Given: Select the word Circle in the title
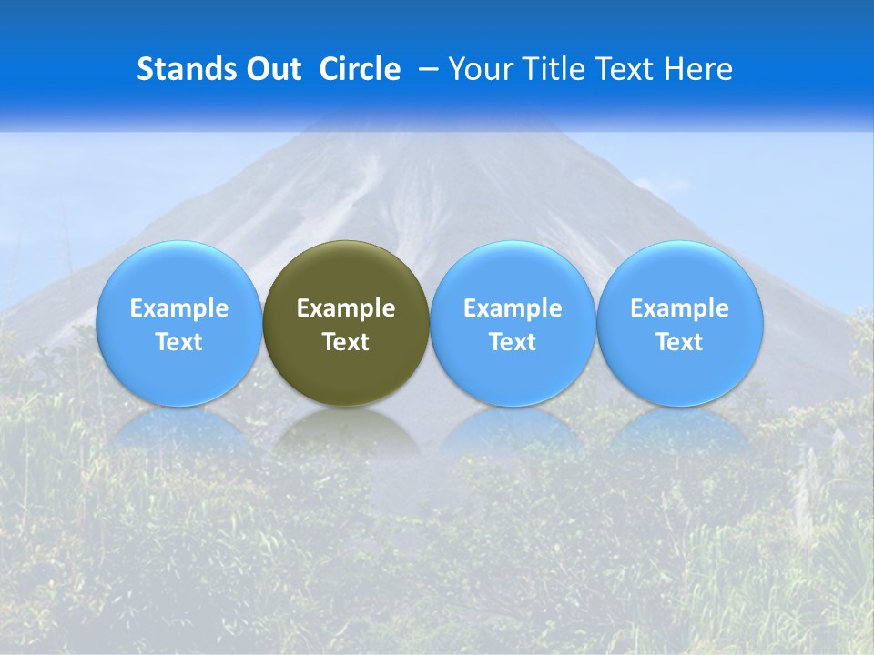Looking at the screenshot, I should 360,69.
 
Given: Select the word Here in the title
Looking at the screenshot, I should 697,69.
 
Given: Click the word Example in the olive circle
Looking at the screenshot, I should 346,308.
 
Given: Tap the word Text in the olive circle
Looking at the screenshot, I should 346,342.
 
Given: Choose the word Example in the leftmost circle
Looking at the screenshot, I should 179,308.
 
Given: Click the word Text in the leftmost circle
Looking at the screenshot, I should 179,342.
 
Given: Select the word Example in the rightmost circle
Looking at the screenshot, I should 679,308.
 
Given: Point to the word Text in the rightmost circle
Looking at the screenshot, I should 679,342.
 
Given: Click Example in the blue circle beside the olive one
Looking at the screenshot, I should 513,308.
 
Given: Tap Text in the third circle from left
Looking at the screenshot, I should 513,342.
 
